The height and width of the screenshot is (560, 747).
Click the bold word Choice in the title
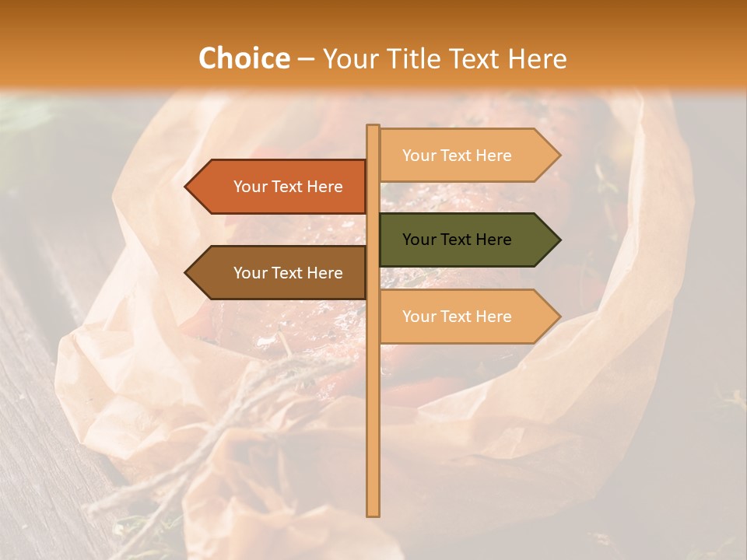[x=244, y=58]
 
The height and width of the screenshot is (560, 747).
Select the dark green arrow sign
[x=467, y=240]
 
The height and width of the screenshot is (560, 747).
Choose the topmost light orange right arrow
[x=467, y=156]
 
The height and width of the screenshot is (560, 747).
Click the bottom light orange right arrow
[x=467, y=317]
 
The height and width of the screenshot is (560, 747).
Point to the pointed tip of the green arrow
[x=559, y=240]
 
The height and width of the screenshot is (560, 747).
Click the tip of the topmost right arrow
[x=559, y=156]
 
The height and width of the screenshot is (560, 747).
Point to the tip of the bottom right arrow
[x=559, y=317]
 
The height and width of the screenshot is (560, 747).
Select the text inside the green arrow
[x=457, y=240]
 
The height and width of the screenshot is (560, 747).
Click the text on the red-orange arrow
[x=288, y=187]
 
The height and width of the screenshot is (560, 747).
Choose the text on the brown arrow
[x=288, y=273]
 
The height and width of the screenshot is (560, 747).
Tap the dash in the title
[x=306, y=60]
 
